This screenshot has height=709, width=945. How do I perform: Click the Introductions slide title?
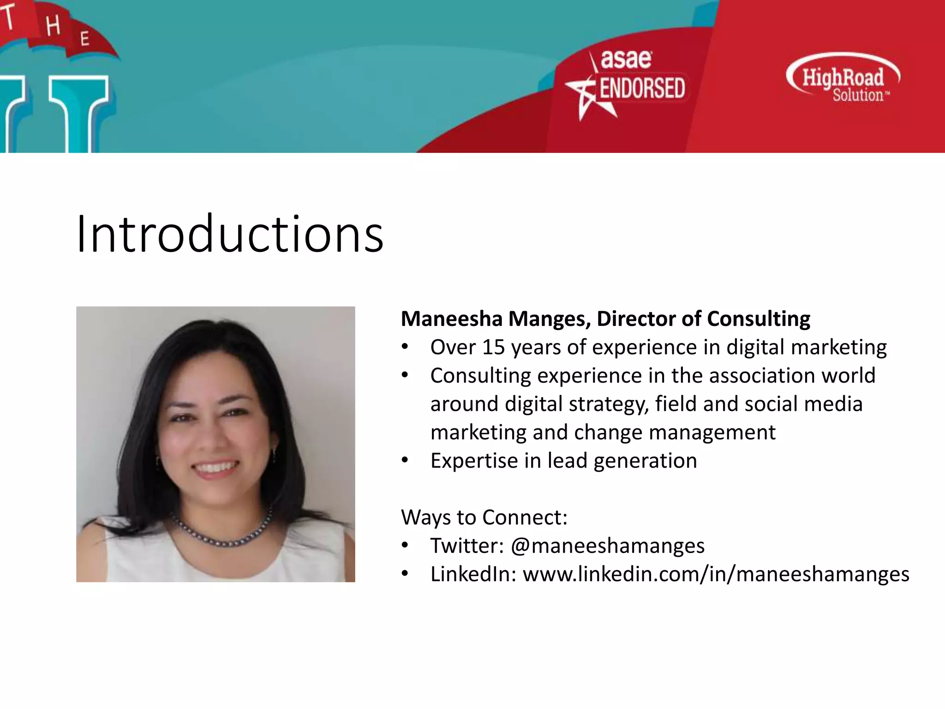tap(230, 234)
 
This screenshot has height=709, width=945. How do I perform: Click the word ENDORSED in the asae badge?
tap(642, 88)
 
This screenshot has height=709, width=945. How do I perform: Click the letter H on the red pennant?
tap(53, 26)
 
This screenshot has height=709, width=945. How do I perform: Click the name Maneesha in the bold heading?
tap(451, 319)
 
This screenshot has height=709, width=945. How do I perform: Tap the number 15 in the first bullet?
tap(493, 347)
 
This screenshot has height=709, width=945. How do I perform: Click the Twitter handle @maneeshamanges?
tap(608, 546)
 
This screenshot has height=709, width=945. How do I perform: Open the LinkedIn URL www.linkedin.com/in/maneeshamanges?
tap(716, 575)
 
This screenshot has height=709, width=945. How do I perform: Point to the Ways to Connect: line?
tap(484, 517)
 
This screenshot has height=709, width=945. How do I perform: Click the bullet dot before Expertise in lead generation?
tap(405, 460)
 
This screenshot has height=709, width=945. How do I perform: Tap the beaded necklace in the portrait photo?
tap(221, 535)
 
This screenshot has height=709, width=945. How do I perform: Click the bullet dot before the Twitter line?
tap(405, 546)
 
